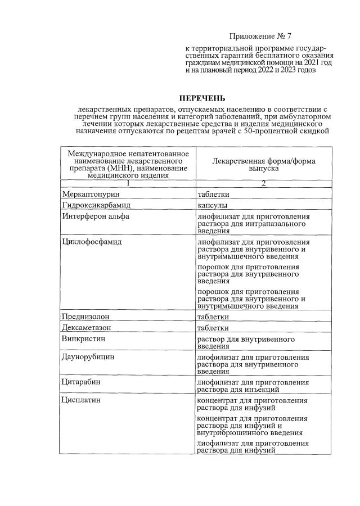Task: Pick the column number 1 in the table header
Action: click(128, 183)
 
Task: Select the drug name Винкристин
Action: click(84, 339)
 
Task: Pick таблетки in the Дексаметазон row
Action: click(213, 328)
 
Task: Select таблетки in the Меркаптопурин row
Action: click(213, 194)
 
